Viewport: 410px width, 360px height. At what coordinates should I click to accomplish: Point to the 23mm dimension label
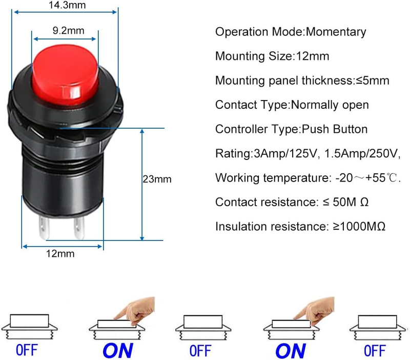point(157,179)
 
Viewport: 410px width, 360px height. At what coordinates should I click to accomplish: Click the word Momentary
point(336,32)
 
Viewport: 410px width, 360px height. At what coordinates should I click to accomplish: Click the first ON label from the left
point(117,350)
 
